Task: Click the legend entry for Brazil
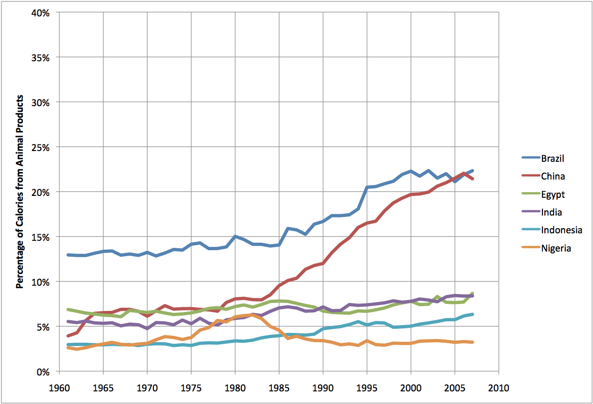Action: (552, 159)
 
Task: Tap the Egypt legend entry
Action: (552, 195)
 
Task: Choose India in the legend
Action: (551, 212)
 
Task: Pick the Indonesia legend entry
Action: (561, 230)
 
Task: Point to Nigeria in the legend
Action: (556, 248)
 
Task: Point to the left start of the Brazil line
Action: (68, 255)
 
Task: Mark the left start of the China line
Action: (68, 336)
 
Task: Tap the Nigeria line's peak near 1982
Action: (253, 315)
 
